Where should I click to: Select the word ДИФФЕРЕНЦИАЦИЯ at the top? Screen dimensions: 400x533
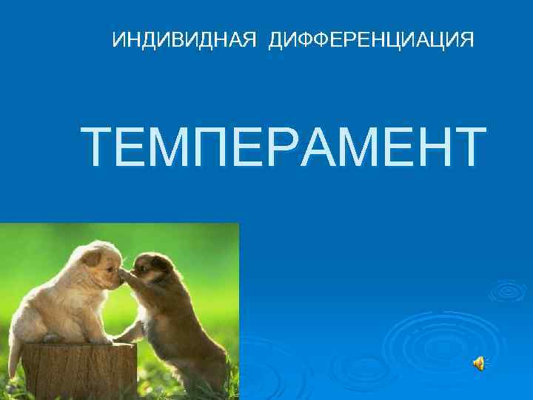tap(371, 39)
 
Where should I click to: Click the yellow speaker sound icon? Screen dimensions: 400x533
tap(479, 361)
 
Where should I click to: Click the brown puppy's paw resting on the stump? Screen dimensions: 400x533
tap(123, 338)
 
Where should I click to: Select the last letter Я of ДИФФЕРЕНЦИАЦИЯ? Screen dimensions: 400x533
tap(466, 39)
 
